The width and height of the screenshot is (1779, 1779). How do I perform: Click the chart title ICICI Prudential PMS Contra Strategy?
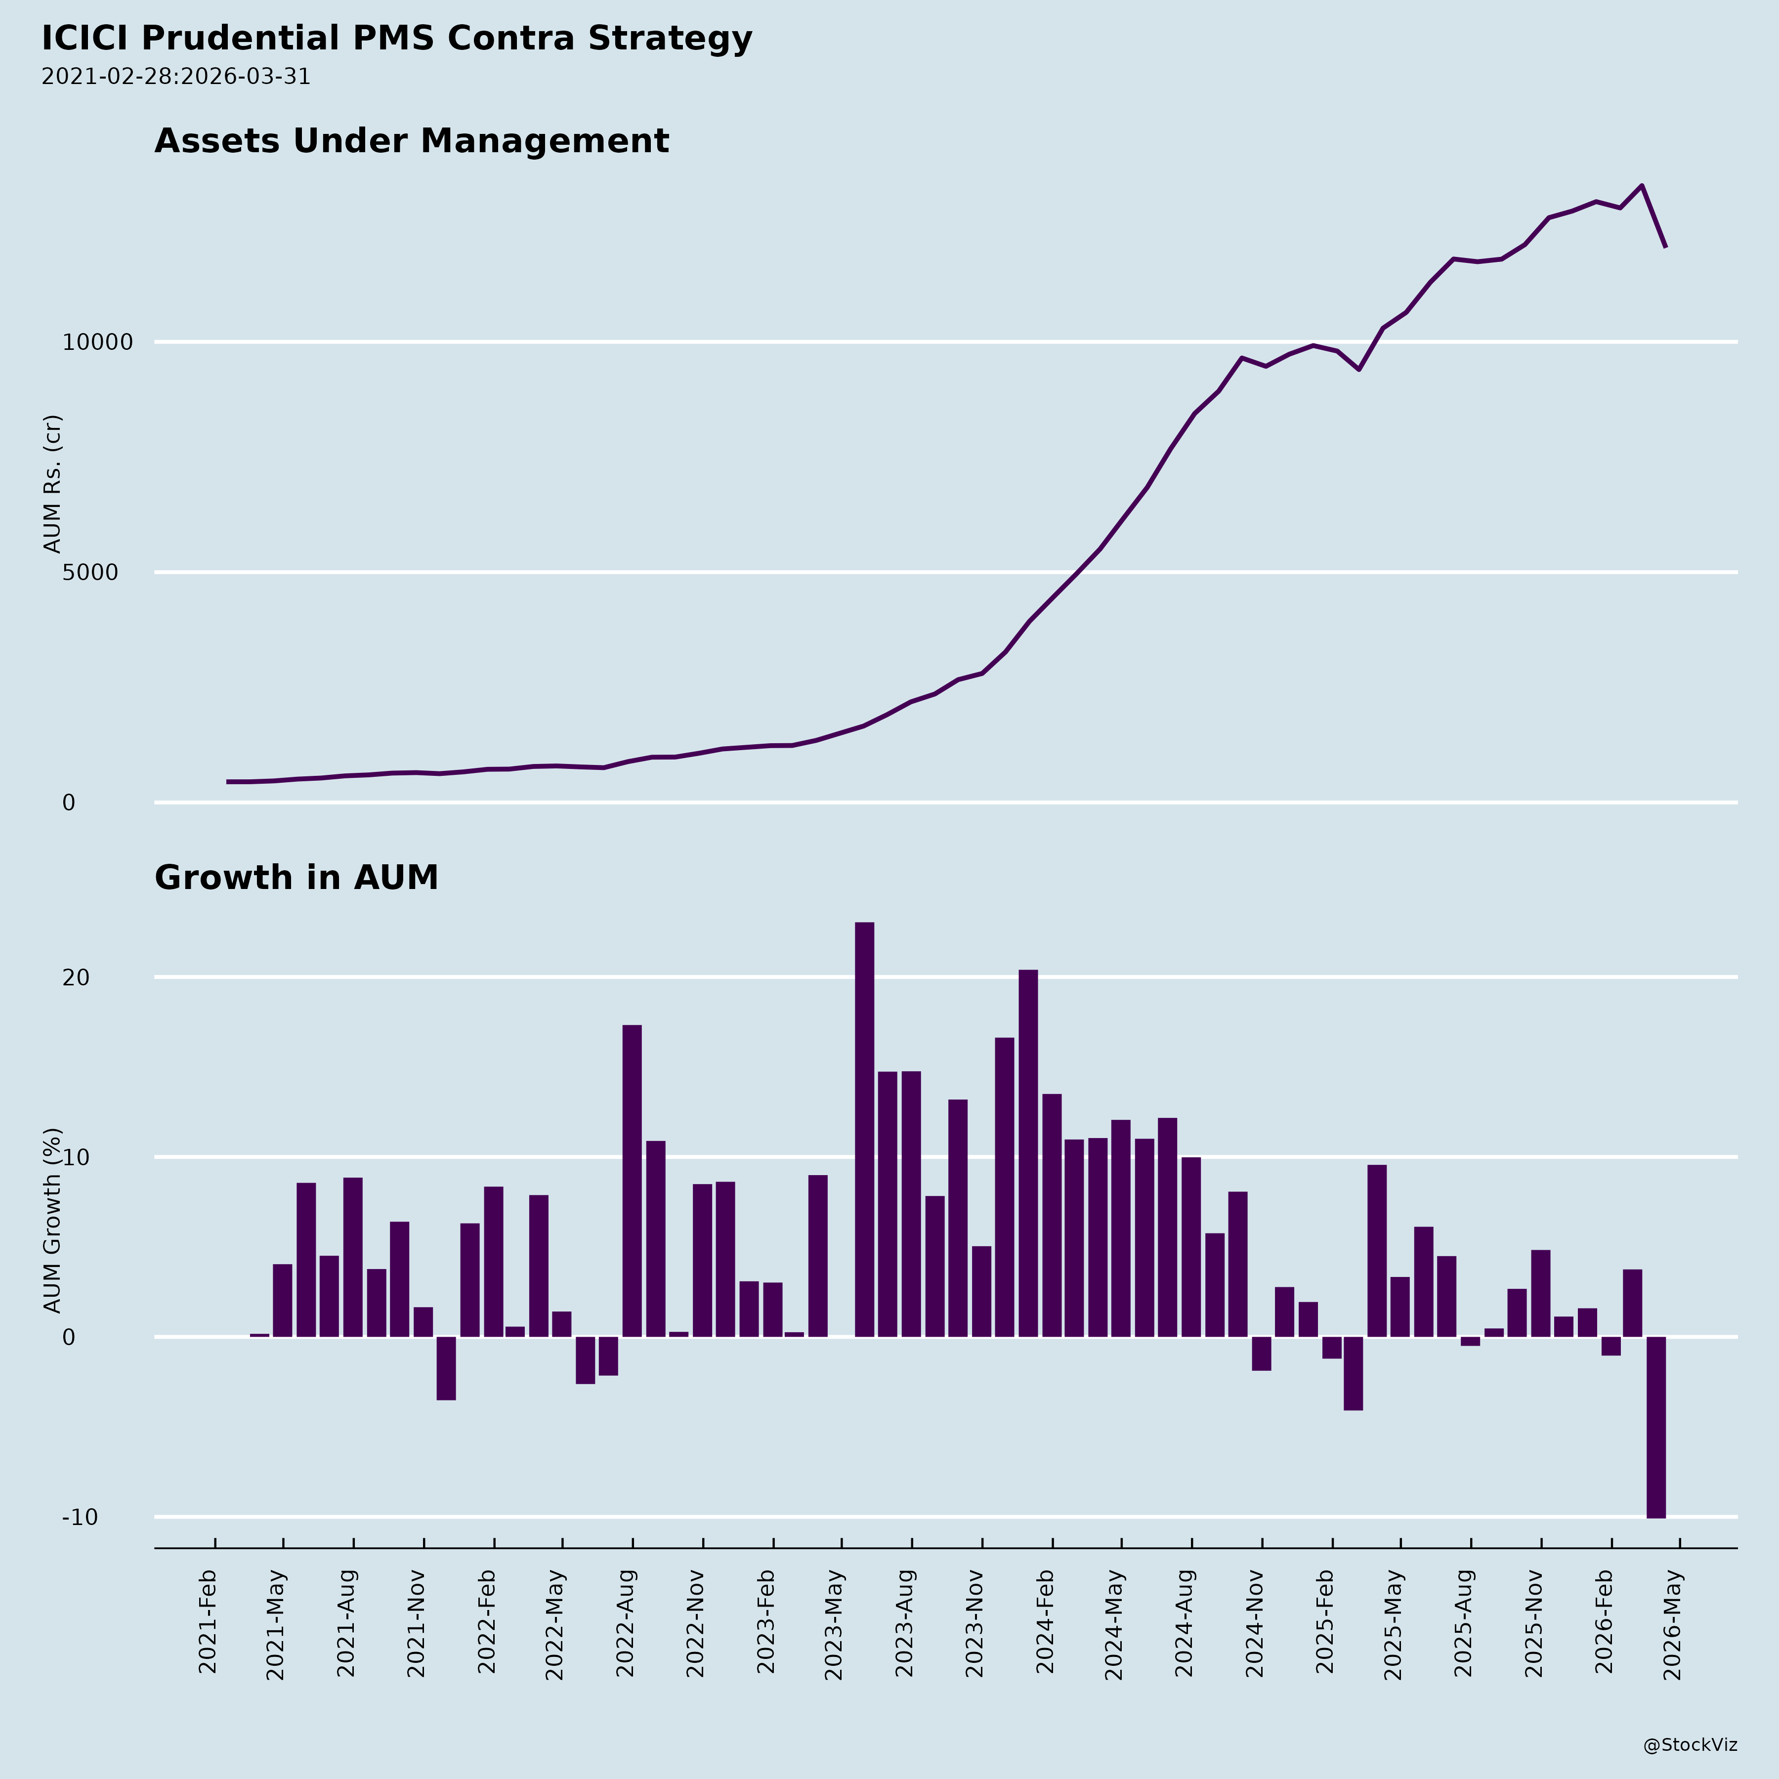coord(397,39)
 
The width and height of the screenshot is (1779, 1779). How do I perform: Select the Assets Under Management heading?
coord(412,141)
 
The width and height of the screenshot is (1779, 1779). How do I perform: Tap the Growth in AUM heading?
coord(296,878)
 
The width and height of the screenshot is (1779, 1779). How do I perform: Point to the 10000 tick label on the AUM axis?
coord(98,342)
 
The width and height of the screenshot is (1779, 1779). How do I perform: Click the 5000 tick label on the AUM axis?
coord(90,573)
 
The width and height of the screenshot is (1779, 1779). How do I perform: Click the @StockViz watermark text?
coord(1691,1745)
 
